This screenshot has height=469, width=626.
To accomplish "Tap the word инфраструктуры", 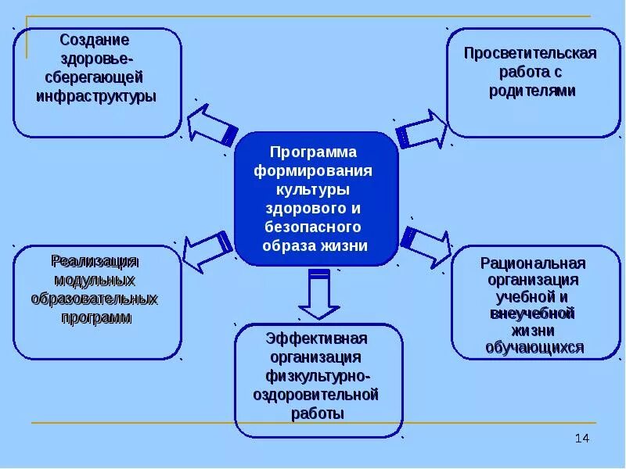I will pyautogui.click(x=96, y=96).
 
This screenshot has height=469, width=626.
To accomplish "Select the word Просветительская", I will pyautogui.click(x=531, y=53).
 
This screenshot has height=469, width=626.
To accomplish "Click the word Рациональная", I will pyautogui.click(x=534, y=263).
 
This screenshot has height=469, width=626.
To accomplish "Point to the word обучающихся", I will pyautogui.click(x=535, y=348).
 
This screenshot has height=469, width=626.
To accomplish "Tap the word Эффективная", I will pyautogui.click(x=316, y=338).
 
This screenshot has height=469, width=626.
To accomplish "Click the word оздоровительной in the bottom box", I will pyautogui.click(x=316, y=395).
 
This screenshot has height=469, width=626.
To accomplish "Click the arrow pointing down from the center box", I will pyautogui.click(x=316, y=295).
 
